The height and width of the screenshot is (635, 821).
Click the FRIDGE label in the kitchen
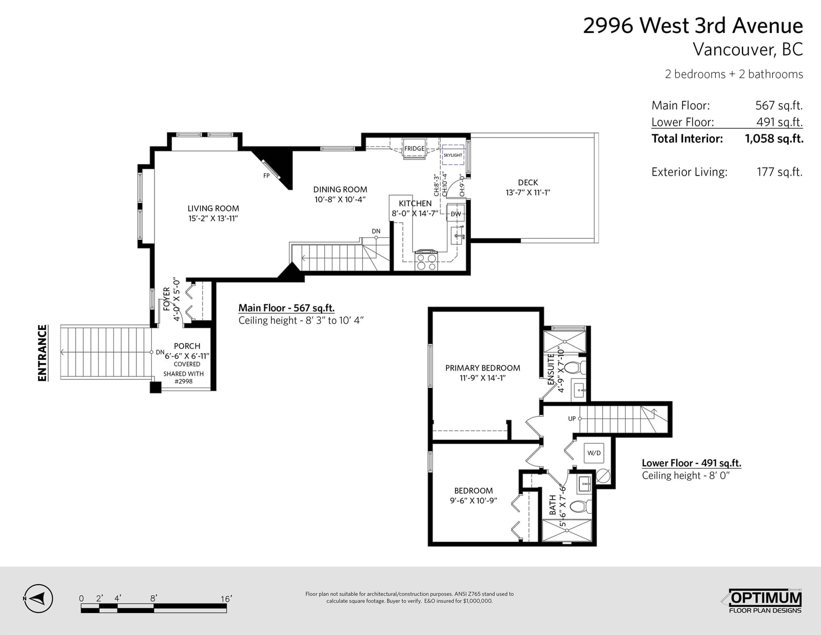tap(414, 148)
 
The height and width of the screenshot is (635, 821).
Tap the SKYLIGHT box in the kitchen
tap(453, 155)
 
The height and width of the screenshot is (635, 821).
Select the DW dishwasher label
tap(456, 214)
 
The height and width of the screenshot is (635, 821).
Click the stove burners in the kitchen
tap(426, 261)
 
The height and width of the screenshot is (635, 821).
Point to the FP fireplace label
tap(266, 176)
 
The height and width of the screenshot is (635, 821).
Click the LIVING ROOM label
tap(213, 208)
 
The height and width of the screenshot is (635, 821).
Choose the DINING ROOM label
tap(340, 189)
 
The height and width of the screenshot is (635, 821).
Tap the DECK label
tap(528, 183)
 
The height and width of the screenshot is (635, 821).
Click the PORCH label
tap(187, 346)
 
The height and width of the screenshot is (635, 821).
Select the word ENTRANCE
tap(43, 353)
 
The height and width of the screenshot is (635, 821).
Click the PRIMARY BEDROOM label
tap(482, 368)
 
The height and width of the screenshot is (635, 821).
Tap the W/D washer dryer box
tap(594, 453)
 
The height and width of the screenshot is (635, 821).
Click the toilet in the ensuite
tap(577, 367)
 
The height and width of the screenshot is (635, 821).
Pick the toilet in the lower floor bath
tap(582, 506)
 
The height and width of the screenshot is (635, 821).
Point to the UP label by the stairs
tap(572, 418)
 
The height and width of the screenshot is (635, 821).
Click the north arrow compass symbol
tap(38, 599)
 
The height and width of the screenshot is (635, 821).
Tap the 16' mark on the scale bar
tap(226, 599)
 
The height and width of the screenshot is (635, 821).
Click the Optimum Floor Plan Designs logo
tap(765, 601)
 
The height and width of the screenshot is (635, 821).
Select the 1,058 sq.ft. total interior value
tap(774, 139)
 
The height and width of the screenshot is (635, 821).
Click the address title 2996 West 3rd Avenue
tap(693, 26)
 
